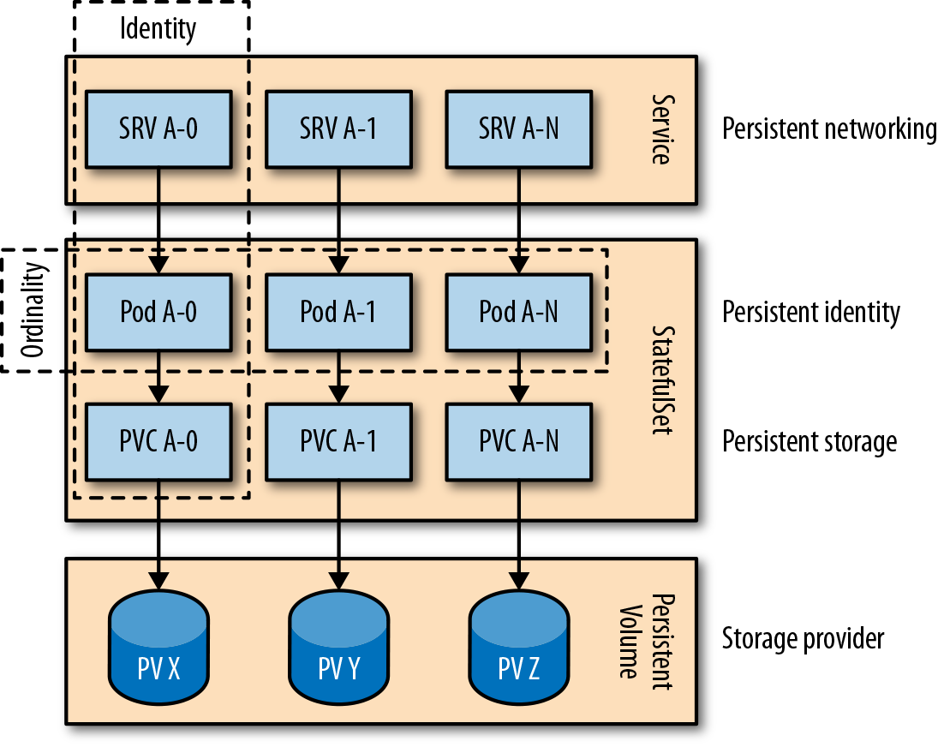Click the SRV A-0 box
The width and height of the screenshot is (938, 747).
(158, 129)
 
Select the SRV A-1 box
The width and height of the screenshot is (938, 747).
(338, 129)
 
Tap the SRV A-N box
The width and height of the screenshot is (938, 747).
(518, 129)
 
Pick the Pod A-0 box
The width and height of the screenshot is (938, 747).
(158, 312)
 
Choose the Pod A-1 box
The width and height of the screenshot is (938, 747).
(338, 312)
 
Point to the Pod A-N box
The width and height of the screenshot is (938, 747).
(518, 312)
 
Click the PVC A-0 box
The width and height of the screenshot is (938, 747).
(158, 442)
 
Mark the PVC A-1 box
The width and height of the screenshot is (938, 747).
(338, 442)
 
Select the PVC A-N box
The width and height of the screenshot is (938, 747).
(518, 442)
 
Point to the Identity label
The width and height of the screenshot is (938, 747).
(158, 29)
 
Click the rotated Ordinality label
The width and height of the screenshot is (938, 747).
(35, 310)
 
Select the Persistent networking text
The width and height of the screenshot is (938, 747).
(829, 129)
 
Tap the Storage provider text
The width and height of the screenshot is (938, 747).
(803, 638)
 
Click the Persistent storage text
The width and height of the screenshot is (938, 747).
(810, 442)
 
